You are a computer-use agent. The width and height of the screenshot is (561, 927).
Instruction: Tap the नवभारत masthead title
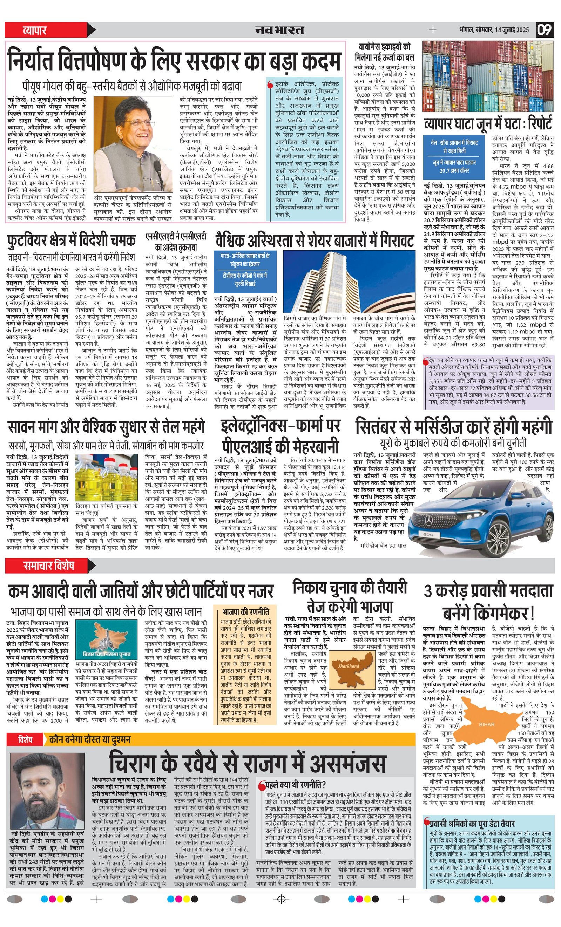pos(279,30)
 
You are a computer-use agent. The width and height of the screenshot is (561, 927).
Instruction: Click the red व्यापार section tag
pos(35,30)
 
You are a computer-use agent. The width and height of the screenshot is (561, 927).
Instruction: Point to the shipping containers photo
pos(488,76)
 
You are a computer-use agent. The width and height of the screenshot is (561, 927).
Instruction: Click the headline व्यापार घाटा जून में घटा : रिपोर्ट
pos(488,123)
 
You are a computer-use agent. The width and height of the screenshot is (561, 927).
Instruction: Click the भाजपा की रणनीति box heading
pos(245,611)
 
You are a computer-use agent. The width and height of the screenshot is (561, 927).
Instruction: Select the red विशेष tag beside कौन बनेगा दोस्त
pos(26,739)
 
